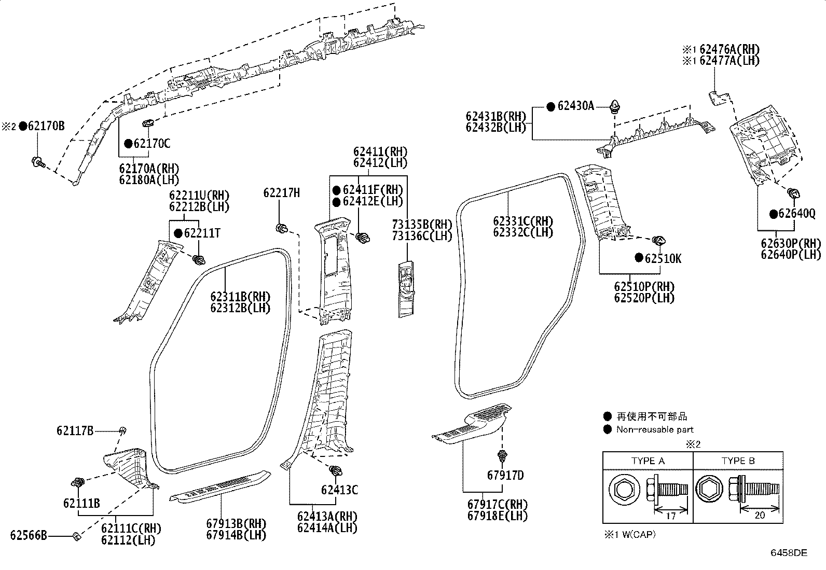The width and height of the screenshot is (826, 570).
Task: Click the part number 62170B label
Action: pyautogui.click(x=46, y=126)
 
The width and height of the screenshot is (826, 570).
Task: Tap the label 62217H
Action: pyautogui.click(x=281, y=192)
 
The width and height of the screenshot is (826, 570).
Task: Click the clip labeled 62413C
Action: pyautogui.click(x=336, y=470)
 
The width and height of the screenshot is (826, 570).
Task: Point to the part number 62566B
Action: pyautogui.click(x=29, y=535)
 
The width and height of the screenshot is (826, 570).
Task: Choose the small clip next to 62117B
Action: pyautogui.click(x=123, y=430)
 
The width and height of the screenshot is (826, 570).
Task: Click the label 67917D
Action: pyautogui.click(x=505, y=475)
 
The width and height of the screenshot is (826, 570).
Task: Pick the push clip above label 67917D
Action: pyautogui.click(x=502, y=456)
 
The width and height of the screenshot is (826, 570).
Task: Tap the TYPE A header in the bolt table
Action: pyautogui.click(x=648, y=461)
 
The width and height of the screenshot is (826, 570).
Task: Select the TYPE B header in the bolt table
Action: pyautogui.click(x=738, y=461)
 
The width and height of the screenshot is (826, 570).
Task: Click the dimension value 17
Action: pyautogui.click(x=671, y=516)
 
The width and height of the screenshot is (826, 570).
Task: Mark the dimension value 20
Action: pyautogui.click(x=760, y=516)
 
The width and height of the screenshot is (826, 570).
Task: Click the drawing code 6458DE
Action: pyautogui.click(x=789, y=553)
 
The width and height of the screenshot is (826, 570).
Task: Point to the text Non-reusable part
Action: pyautogui.click(x=655, y=429)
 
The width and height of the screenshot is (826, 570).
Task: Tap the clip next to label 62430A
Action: pyautogui.click(x=615, y=106)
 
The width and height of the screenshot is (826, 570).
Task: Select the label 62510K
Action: pyautogui.click(x=663, y=258)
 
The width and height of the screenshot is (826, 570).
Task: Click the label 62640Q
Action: pyautogui.click(x=797, y=214)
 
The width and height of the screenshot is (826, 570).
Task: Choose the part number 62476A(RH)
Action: pyautogui.click(x=729, y=49)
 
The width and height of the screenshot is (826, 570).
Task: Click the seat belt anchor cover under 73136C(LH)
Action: pyautogui.click(x=406, y=289)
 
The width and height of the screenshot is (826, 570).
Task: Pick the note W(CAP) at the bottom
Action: pyautogui.click(x=639, y=535)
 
